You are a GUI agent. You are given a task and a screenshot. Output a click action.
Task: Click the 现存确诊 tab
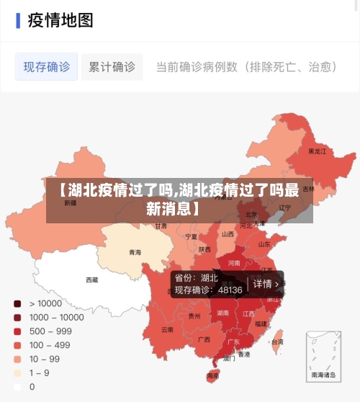point(47,67)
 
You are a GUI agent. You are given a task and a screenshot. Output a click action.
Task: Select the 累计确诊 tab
point(112,67)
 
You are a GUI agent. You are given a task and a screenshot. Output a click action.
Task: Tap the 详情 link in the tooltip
point(262,284)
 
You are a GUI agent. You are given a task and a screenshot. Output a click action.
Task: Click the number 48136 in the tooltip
point(230,290)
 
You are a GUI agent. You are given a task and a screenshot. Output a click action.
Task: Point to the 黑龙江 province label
point(317,151)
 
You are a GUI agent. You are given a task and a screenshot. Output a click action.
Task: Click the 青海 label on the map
point(135,252)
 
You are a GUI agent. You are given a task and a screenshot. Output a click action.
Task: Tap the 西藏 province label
point(92,280)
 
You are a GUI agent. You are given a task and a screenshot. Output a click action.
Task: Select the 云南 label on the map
point(167,329)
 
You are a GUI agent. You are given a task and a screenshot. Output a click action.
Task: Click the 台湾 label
point(277,341)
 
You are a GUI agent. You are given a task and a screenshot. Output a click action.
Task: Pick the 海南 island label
point(212,375)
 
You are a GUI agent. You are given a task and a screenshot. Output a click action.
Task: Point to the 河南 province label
point(234,263)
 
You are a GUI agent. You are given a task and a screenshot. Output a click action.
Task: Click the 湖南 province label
point(223,313)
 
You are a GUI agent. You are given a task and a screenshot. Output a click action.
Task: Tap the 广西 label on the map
point(204,339)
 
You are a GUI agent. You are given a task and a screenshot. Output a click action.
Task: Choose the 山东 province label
point(264,244)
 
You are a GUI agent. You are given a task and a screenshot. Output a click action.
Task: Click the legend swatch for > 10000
point(17,303)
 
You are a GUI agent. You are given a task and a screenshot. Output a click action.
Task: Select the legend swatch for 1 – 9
point(17,372)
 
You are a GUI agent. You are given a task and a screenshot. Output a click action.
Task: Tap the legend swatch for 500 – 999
point(17,331)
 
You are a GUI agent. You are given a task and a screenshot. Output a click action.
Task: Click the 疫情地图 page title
point(60,20)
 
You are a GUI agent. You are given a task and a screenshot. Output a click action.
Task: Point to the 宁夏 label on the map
point(191,236)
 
